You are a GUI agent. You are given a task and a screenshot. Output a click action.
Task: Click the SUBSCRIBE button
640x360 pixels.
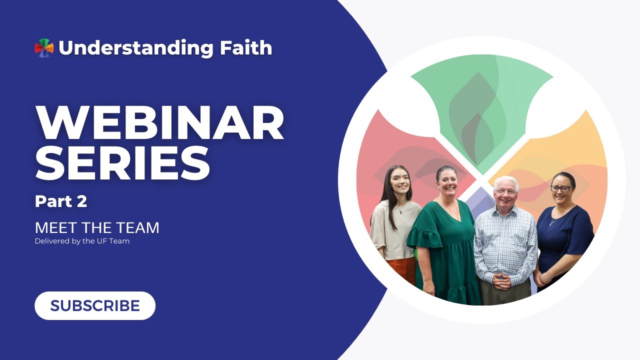pyautogui.click(x=95, y=305)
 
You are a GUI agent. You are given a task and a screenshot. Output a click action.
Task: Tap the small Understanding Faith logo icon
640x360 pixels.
pyautogui.click(x=44, y=47)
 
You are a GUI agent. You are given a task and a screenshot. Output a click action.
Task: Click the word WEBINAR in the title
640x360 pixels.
pyautogui.click(x=159, y=123)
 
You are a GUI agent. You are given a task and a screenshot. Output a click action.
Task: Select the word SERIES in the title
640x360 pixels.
pyautogui.click(x=123, y=163)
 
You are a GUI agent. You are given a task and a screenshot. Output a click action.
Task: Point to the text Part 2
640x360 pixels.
pyautogui.click(x=61, y=201)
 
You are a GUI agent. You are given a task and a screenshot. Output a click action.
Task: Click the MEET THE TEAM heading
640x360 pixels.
pyautogui.click(x=97, y=227)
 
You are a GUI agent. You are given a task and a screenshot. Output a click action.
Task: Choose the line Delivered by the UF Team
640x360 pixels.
pyautogui.click(x=82, y=241)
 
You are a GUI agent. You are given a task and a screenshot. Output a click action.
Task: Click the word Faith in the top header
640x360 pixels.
pyautogui.click(x=245, y=47)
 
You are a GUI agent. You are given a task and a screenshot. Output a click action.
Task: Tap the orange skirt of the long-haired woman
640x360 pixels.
pyautogui.click(x=401, y=270)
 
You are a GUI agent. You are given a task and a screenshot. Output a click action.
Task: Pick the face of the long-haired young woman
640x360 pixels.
pyautogui.click(x=399, y=182)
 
